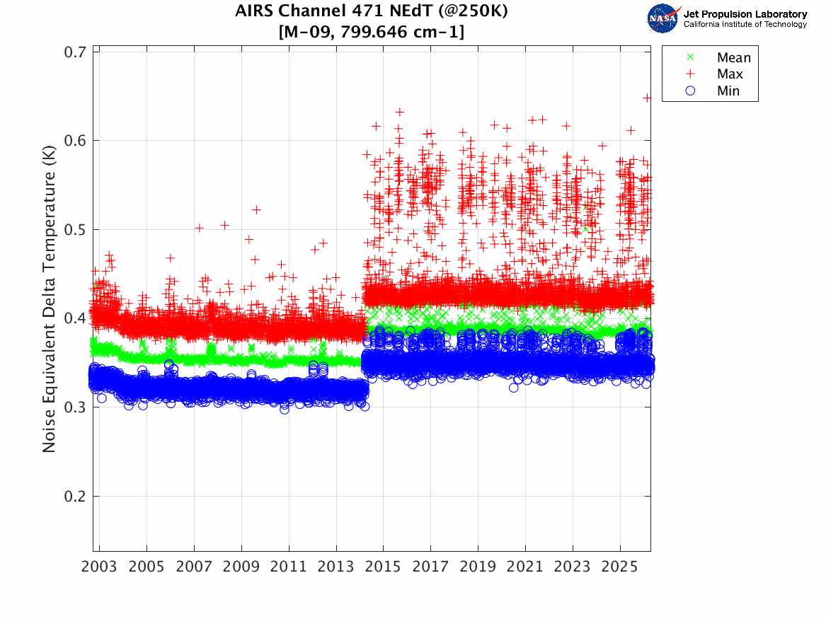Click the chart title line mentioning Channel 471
coord(372,12)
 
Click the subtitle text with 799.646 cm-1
coord(372,32)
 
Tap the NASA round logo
coord(663,18)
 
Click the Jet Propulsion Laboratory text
coord(745,14)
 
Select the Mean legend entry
coord(733,58)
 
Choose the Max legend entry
coord(730,74)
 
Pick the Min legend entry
coord(728,91)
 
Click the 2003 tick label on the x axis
coord(99,567)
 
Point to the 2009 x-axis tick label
coord(241,567)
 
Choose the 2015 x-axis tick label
coord(383,567)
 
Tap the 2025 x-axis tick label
coord(620,567)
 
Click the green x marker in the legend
coord(691,58)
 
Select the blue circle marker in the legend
coord(691,91)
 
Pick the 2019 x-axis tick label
coord(478,567)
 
